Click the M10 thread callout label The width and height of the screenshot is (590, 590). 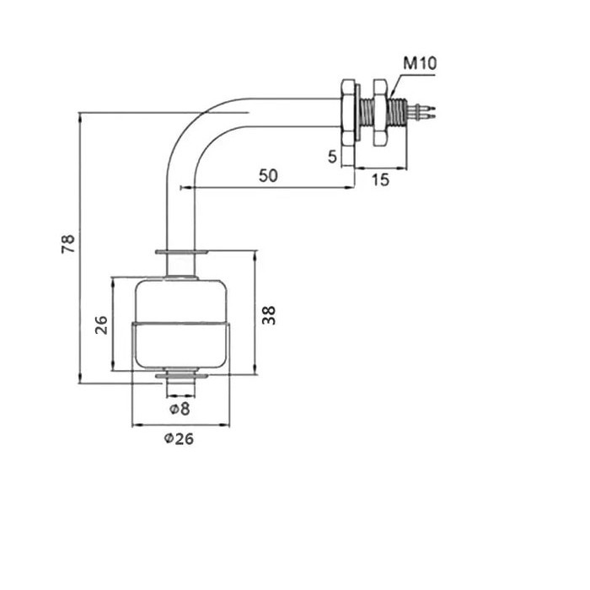click(x=419, y=63)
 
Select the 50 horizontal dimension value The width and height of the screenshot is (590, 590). click(x=269, y=175)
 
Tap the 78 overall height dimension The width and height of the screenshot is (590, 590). click(x=68, y=244)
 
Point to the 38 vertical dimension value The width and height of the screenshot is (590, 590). click(x=269, y=314)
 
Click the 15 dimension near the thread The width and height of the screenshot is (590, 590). click(x=380, y=180)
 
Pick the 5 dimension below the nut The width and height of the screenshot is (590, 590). click(x=332, y=156)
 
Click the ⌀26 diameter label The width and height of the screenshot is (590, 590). click(x=179, y=438)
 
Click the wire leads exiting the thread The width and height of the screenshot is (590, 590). click(x=425, y=110)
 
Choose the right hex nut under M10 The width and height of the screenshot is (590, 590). click(x=379, y=110)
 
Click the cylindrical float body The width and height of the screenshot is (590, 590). click(x=180, y=324)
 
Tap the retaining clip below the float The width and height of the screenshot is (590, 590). click(x=180, y=376)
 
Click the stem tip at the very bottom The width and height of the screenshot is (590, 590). click(x=180, y=389)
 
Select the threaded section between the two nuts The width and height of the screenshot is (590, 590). click(x=364, y=110)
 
